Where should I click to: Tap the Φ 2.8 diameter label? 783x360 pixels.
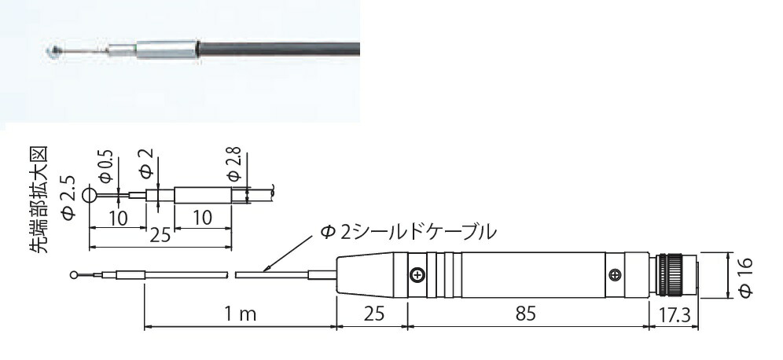click(233, 160)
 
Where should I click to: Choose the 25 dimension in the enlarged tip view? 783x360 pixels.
click(160, 235)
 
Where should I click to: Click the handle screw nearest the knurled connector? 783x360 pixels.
click(615, 274)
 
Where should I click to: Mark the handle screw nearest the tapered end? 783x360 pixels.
click(417, 274)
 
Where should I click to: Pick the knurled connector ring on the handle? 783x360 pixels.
click(671, 274)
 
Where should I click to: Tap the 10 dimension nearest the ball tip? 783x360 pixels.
click(119, 219)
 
